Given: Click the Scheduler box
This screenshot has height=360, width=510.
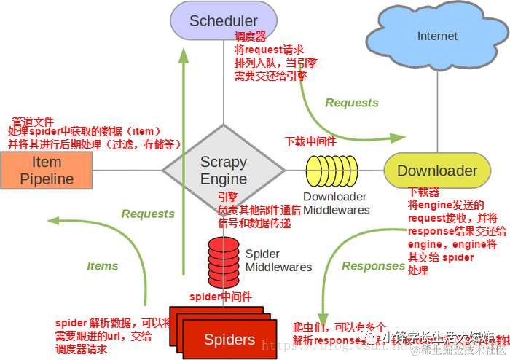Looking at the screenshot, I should coord(223,20).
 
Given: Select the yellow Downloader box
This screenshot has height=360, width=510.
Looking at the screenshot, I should coord(437,171).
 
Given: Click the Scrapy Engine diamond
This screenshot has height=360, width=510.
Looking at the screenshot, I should coord(224,171).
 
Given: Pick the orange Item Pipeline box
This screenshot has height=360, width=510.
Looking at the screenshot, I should coord(47,171).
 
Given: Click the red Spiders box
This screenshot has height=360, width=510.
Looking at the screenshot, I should coord(229,339).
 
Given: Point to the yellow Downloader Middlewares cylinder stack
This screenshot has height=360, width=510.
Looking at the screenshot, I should coord(332,172).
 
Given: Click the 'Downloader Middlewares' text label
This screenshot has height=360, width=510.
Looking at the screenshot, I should coord(336,203).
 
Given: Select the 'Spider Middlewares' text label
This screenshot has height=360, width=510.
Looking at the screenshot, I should coord(278,261).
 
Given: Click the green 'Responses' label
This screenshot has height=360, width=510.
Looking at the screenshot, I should coord(373,266).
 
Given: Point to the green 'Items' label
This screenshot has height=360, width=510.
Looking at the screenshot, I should coord(103,266).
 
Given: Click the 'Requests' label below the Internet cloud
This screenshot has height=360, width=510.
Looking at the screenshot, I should coord(352,103).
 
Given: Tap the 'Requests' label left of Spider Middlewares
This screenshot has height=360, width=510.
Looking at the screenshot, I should coord(148,214).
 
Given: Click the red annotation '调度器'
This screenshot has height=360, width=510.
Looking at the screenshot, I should coord(250,36).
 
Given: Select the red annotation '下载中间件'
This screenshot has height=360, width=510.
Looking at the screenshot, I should coord(310,141).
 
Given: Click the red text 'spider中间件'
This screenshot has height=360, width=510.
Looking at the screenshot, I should coord(221,297).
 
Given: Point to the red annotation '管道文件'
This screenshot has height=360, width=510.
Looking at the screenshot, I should coord(34,121).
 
